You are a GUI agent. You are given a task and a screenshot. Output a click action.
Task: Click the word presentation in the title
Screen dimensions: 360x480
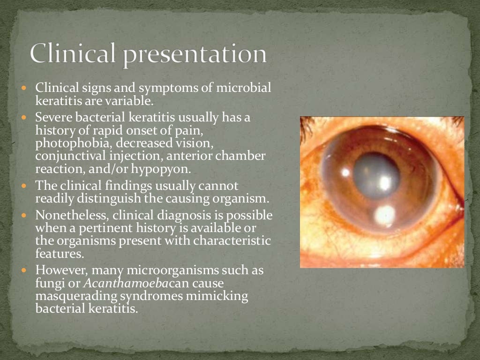(196, 55)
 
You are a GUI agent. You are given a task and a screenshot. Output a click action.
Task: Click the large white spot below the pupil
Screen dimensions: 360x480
(384, 214)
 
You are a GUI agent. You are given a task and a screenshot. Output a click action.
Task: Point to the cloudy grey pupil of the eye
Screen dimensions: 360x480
(377, 173)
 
